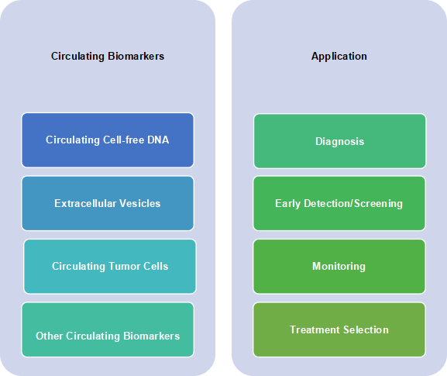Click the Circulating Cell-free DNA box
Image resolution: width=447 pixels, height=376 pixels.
[x=108, y=140]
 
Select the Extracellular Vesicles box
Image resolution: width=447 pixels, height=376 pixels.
[x=108, y=203]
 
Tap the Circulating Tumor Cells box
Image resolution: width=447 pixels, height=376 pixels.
[x=110, y=266]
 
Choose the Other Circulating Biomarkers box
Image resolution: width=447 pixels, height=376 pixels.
[x=108, y=329]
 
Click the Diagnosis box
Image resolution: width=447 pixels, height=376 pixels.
[x=340, y=141]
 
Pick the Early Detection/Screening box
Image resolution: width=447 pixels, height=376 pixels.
[x=339, y=203]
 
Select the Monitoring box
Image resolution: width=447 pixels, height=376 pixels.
[x=339, y=266]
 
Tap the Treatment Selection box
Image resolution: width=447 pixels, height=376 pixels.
[x=339, y=329]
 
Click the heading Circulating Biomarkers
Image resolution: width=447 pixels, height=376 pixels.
[x=108, y=56]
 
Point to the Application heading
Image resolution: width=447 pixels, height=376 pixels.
[x=339, y=57]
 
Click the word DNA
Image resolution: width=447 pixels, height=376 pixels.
[x=158, y=140]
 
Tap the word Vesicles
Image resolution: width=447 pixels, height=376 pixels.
[x=139, y=203]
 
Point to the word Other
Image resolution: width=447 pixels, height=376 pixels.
[x=49, y=336]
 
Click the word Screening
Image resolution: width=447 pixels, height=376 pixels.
[x=378, y=204]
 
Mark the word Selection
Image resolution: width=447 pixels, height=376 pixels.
[x=366, y=329]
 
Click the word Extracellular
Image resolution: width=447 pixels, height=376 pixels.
[x=85, y=203]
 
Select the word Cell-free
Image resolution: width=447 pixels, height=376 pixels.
[x=123, y=140]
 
